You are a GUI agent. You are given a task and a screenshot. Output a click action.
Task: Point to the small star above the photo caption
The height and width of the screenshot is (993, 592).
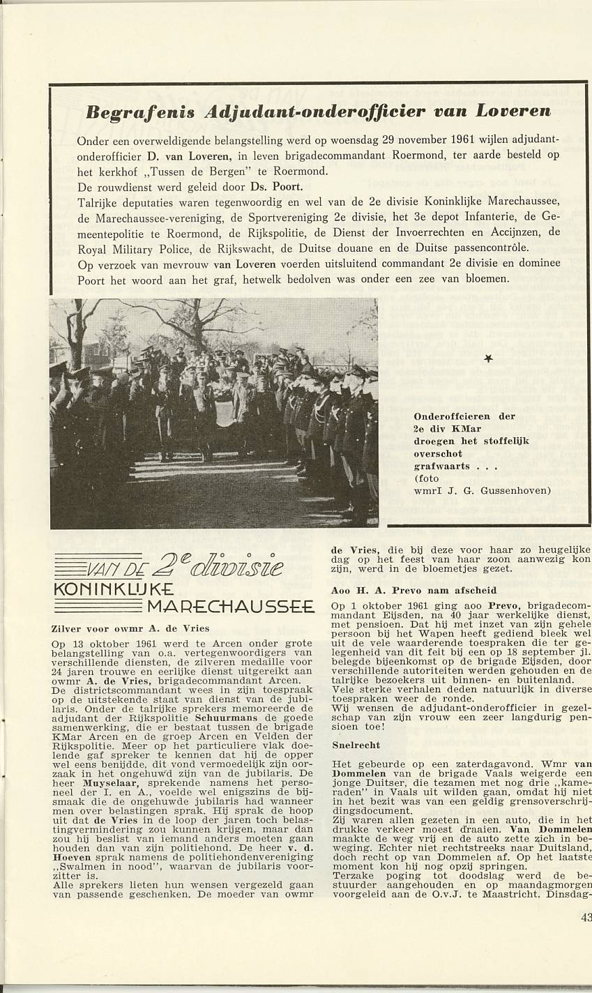tap(487, 358)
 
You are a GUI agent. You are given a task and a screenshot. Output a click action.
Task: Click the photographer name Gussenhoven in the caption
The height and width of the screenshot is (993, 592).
tap(516, 490)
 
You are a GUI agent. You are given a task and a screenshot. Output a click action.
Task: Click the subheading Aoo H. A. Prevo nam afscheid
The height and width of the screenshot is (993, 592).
tap(399, 590)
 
